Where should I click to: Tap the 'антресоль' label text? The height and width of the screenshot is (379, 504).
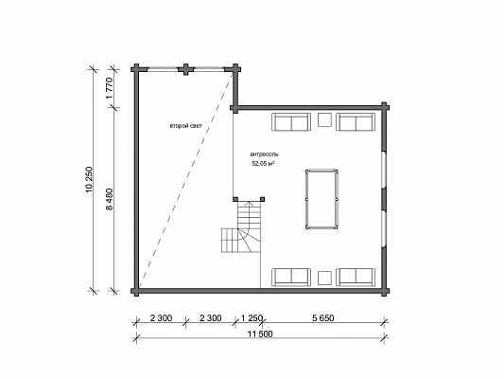264,154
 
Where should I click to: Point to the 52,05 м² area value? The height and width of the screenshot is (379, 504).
264,164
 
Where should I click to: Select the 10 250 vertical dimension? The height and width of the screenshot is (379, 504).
90,180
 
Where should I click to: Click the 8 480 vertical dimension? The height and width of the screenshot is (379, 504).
110,199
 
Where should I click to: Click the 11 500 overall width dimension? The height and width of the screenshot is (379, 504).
260,334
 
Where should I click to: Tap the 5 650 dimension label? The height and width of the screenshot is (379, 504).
323,318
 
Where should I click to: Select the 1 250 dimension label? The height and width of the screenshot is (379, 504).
252,318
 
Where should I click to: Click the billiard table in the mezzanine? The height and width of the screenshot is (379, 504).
322,199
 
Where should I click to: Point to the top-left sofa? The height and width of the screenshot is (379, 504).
291,122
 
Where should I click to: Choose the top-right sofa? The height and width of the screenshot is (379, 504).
356,122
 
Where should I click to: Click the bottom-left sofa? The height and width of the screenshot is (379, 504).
291,278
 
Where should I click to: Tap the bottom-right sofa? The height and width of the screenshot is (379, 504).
356,278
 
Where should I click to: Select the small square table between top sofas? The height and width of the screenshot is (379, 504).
324,119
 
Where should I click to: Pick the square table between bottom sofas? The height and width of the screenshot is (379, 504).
324,279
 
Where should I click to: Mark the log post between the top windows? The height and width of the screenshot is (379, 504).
186,69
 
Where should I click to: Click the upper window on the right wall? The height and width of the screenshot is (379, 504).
383,170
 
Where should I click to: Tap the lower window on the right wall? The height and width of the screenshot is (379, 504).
383,228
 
